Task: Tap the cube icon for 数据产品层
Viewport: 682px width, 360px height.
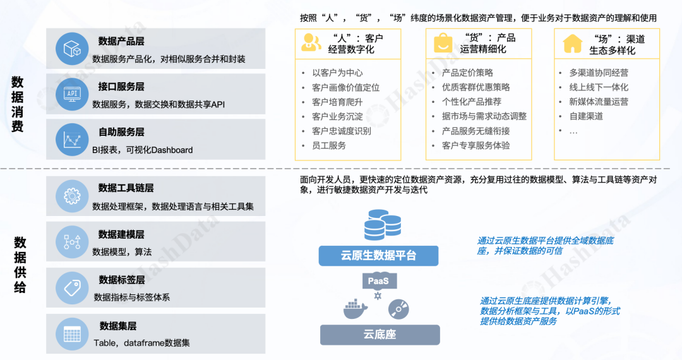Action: tap(71, 49)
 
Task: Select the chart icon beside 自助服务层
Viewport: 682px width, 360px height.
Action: tap(71, 140)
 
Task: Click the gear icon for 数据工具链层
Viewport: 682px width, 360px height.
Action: tap(71, 196)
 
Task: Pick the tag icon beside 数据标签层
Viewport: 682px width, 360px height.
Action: tap(71, 288)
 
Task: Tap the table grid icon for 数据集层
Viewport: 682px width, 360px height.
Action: tap(71, 334)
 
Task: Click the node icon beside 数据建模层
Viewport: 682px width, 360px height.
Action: tap(71, 242)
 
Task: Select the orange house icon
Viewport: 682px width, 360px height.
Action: tap(573, 43)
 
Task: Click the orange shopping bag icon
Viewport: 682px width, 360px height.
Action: tap(442, 43)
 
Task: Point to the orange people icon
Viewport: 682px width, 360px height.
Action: tap(311, 42)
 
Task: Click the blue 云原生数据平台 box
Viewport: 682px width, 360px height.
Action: tap(378, 256)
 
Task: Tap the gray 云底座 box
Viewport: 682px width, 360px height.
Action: tap(379, 334)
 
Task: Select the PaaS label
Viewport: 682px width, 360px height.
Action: tap(378, 280)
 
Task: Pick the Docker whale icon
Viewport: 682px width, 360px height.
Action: tap(355, 308)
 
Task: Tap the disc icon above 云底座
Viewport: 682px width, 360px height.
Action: tap(398, 309)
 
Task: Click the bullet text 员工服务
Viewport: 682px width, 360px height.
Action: tap(329, 145)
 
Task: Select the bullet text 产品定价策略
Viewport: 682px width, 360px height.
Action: tap(467, 73)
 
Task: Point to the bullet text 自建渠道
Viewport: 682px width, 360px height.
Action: tap(586, 116)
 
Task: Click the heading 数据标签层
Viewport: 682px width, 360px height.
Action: tap(122, 280)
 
